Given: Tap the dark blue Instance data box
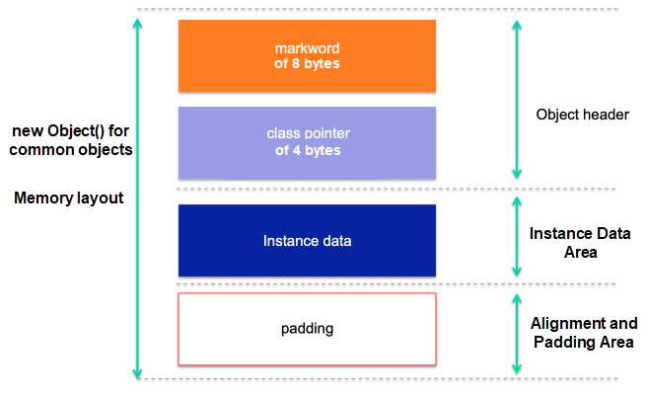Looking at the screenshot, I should click(307, 240).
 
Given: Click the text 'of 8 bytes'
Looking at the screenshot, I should click(307, 65).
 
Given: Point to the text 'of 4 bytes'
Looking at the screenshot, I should click(307, 151).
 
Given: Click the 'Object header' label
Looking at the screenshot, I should click(582, 115).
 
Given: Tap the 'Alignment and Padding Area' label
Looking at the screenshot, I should click(584, 333).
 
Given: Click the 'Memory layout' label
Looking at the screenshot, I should click(69, 198).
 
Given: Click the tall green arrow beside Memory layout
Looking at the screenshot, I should click(137, 198).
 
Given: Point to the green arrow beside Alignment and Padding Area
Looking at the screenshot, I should click(517, 333).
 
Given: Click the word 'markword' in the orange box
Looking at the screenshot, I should click(307, 48).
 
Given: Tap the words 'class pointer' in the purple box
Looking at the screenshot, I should click(307, 133).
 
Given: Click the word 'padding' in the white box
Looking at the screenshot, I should click(307, 327).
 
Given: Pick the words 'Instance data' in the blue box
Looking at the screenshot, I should click(307, 241).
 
